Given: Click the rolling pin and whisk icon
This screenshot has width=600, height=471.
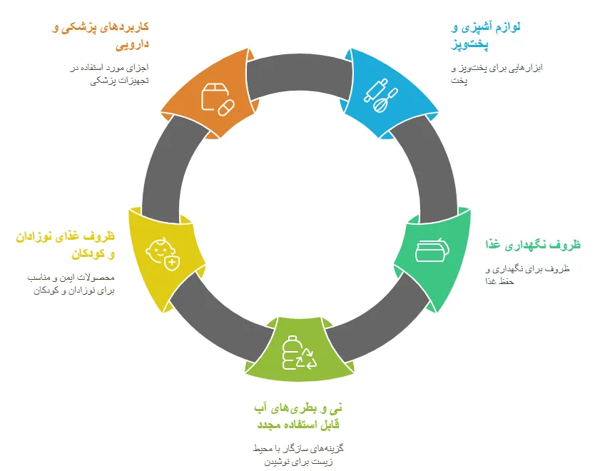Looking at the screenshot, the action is coord(380,96).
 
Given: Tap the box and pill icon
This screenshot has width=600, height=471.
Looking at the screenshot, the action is coord(218,99).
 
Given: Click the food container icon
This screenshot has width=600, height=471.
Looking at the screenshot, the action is coord(432,250).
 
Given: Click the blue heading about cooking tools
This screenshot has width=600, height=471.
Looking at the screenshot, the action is coord(486,36).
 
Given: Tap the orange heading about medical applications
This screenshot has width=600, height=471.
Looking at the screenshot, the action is coord(101,36).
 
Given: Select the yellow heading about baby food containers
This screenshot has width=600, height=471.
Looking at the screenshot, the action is coord(66,245).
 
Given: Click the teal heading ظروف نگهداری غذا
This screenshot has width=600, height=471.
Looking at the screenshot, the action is coord(533,245).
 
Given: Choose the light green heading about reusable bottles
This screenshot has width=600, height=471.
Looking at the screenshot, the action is coord(298,416).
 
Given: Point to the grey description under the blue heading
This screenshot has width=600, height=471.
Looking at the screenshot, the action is coord(497,74).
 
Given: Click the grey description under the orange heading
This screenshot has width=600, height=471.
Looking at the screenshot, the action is coord(109,74).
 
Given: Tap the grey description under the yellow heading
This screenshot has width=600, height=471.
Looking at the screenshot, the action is coord(71,284).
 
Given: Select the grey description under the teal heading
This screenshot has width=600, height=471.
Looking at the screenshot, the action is coord(527,275).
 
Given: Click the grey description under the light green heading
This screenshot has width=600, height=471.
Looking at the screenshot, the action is coord(298,455).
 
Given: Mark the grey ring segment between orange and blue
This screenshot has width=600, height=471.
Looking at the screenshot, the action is coord(299,74).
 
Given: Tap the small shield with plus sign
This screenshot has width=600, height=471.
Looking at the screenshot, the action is coord(172,263).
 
